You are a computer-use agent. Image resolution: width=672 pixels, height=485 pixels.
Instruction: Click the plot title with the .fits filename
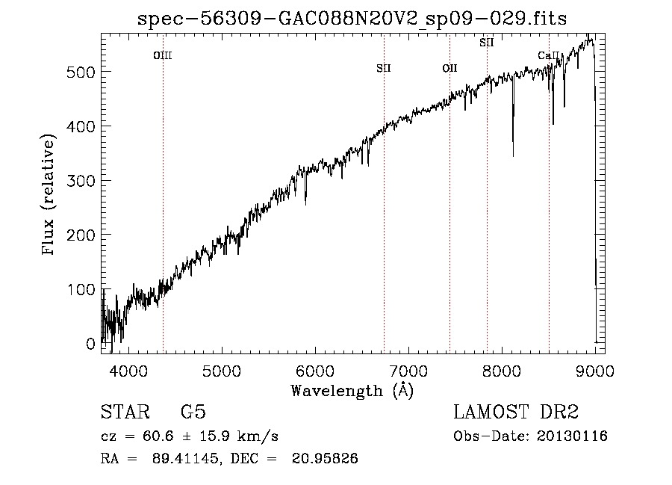pos(352,19)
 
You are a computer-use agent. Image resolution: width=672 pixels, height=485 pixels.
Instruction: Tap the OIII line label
pos(163,55)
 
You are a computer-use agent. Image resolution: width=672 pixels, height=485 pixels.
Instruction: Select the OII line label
pos(449,68)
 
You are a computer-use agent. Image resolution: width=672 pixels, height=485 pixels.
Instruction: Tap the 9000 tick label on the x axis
pos(594,370)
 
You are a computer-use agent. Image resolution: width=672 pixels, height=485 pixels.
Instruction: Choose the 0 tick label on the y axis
pos(90,344)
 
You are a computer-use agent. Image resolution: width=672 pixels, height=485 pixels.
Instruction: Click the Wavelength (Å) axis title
pos(352,390)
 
